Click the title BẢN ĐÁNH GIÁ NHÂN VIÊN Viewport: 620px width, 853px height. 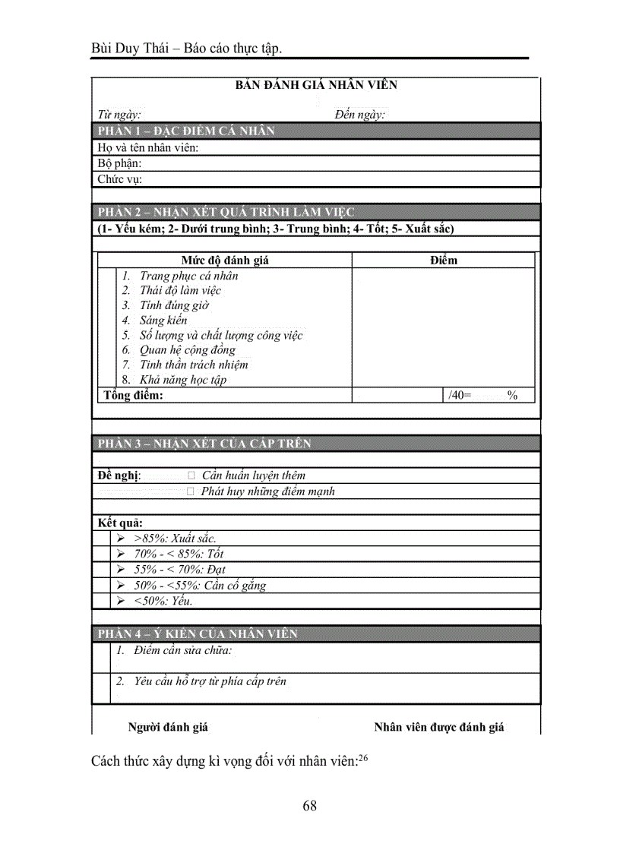(315, 85)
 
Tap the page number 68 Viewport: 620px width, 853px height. (309, 806)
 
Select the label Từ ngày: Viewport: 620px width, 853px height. (119, 115)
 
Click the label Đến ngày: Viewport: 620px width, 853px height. (359, 115)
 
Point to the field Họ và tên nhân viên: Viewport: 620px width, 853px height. (148, 147)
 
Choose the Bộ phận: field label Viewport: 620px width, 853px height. (119, 163)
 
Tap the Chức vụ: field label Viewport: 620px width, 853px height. (120, 179)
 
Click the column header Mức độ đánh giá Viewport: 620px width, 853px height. (225, 261)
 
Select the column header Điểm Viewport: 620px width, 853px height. (443, 261)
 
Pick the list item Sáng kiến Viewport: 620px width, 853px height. (163, 321)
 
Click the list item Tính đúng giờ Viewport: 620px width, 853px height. (174, 305)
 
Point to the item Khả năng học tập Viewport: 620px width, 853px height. (182, 380)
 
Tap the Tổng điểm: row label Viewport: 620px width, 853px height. (133, 395)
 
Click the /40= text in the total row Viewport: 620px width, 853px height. (460, 395)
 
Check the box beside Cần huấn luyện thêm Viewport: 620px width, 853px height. (191, 475)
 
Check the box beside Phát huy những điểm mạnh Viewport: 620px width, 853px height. (191, 491)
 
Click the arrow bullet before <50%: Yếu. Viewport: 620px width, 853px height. (121, 601)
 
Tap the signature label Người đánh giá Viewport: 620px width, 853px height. (168, 727)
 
